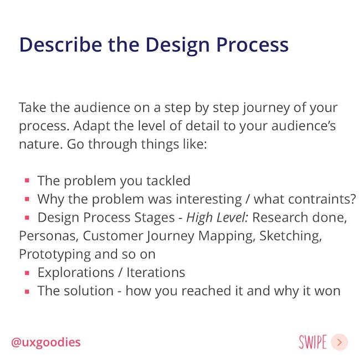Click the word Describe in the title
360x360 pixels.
(61, 44)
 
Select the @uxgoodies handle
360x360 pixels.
(46, 342)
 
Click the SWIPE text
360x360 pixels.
(313, 342)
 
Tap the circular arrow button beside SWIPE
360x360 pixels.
(340, 342)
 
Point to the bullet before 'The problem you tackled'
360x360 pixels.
(27, 181)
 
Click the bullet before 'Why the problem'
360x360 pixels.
(27, 199)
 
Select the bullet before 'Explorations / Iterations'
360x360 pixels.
(27, 272)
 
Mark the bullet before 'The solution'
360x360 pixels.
(27, 291)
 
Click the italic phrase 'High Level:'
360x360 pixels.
(217, 218)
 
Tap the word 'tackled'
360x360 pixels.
(168, 181)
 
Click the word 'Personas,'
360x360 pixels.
(49, 236)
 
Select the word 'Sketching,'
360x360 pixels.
(290, 236)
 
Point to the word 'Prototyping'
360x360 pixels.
(55, 254)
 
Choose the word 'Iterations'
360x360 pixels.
(156, 272)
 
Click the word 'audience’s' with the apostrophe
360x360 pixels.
(304, 126)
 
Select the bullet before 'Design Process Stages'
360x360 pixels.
(27, 218)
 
